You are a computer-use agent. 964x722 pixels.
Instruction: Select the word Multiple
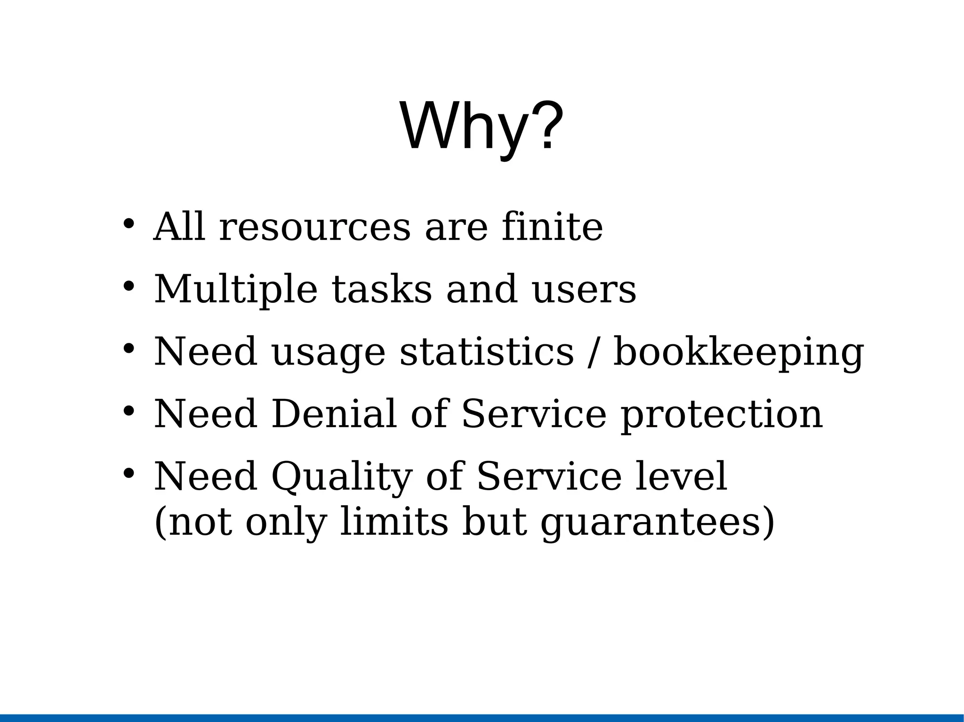coord(236,290)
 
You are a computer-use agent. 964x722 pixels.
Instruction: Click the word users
coord(584,290)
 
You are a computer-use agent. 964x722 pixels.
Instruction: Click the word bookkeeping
coord(739,353)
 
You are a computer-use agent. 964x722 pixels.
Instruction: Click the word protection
coord(722,415)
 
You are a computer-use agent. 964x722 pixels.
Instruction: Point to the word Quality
coord(342,477)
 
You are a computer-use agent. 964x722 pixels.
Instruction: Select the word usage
coord(328,353)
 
